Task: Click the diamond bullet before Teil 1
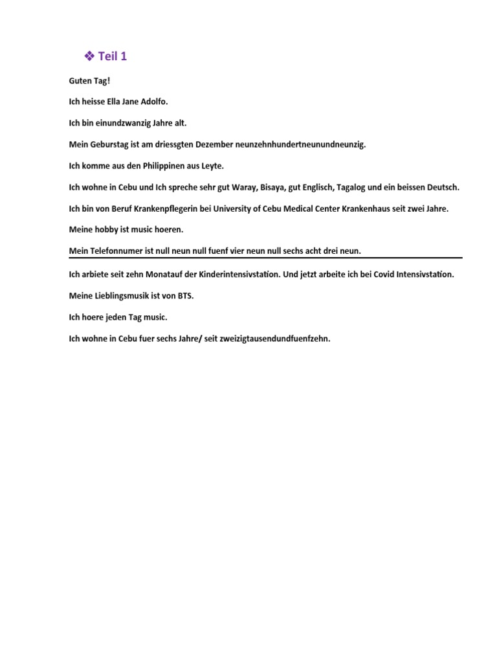[89, 57]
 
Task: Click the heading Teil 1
[113, 57]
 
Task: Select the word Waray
[245, 187]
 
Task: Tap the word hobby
[107, 230]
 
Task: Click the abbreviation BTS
[185, 296]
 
